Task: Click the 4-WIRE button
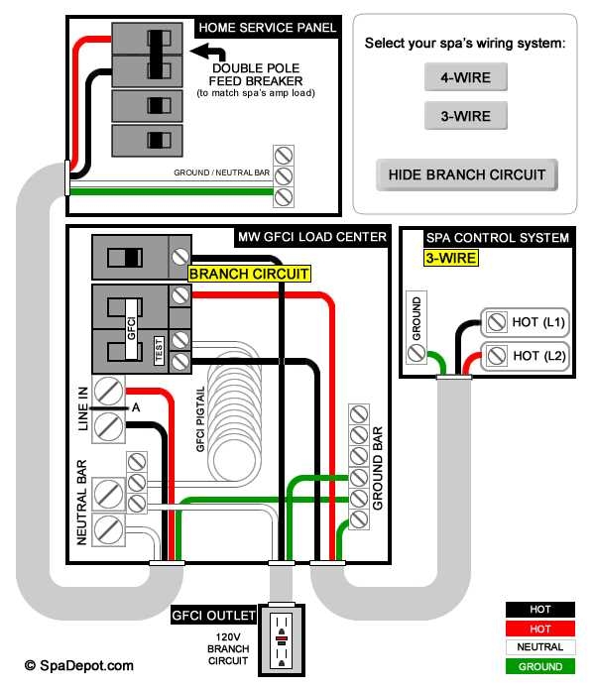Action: click(x=465, y=76)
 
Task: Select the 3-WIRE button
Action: click(x=465, y=116)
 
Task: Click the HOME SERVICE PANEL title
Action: click(x=267, y=27)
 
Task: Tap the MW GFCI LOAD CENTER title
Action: click(x=311, y=237)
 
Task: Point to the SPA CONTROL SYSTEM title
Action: click(x=497, y=238)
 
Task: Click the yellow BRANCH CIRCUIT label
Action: click(x=249, y=274)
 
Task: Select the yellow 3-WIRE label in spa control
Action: click(x=451, y=258)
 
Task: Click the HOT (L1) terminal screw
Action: click(x=495, y=322)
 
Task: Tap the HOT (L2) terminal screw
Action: click(x=495, y=355)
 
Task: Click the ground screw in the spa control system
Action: click(x=417, y=353)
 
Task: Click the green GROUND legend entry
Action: click(x=540, y=666)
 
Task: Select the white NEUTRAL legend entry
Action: click(x=540, y=647)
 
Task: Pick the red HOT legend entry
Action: click(x=540, y=629)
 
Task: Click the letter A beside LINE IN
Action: click(x=135, y=406)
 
